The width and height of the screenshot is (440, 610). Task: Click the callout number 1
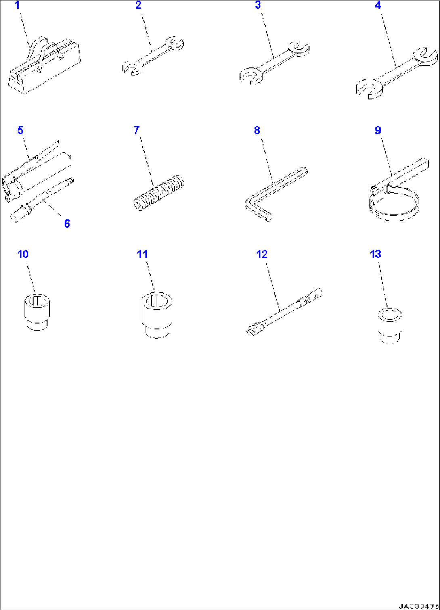coord(17,6)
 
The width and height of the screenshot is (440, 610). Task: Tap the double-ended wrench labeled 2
coord(153,56)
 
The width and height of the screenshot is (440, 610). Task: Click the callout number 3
coord(258,6)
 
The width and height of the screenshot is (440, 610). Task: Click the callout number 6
coord(67,224)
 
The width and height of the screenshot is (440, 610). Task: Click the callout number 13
coord(375,254)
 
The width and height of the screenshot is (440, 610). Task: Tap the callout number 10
coord(23,254)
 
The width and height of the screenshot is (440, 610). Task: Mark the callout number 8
coord(257,130)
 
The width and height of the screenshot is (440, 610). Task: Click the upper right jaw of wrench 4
coord(425,56)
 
